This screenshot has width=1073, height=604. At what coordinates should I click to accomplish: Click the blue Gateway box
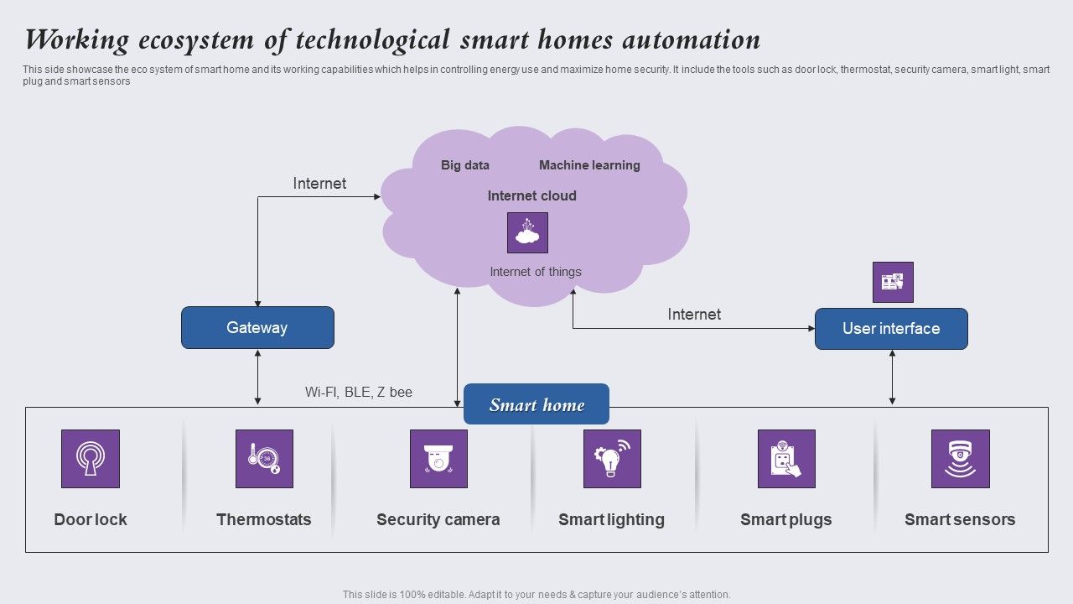(257, 327)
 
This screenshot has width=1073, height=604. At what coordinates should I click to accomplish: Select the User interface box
(891, 329)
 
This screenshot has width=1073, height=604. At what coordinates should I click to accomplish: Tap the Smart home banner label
(536, 405)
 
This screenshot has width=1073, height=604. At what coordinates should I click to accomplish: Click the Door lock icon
(91, 459)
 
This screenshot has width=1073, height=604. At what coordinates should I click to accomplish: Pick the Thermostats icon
(264, 459)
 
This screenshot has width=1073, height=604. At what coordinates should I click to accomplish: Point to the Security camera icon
(438, 459)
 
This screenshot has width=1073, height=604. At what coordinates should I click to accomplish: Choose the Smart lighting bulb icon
(612, 459)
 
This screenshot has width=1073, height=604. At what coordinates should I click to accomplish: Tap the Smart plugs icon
(786, 459)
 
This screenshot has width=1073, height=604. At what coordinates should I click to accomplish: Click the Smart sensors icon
(960, 459)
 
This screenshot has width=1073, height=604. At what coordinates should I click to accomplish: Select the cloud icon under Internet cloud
(527, 232)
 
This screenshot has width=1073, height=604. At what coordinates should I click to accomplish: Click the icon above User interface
(893, 282)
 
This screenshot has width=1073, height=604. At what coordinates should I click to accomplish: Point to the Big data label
(465, 165)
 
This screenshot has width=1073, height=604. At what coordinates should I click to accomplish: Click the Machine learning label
(589, 165)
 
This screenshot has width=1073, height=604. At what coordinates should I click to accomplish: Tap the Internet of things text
(536, 272)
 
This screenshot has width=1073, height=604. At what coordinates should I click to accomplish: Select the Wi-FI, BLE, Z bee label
(359, 392)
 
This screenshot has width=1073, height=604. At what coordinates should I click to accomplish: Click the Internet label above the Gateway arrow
(319, 184)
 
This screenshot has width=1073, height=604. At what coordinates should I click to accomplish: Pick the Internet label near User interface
(694, 315)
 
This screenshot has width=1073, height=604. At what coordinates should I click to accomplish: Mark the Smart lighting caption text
(611, 519)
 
